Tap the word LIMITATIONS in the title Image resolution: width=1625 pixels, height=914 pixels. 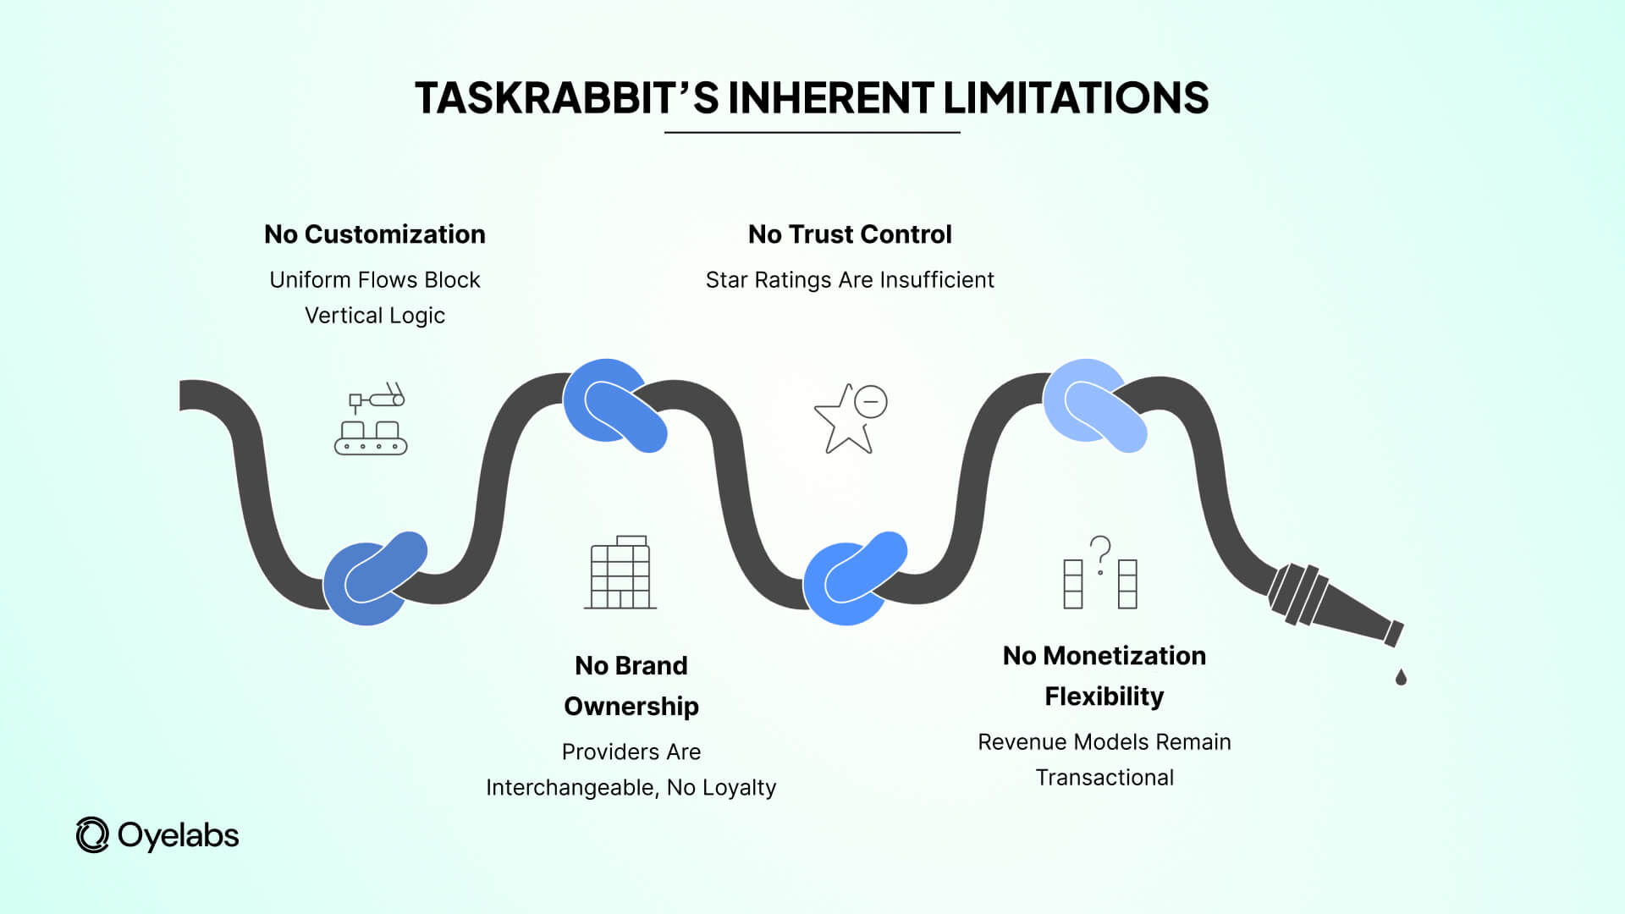click(1076, 98)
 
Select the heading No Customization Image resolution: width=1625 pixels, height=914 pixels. click(375, 234)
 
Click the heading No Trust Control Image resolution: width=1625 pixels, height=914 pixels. click(850, 234)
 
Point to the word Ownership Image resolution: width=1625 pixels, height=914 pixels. click(631, 706)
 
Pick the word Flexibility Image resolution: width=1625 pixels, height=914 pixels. click(1104, 697)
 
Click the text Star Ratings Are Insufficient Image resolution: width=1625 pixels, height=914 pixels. click(850, 280)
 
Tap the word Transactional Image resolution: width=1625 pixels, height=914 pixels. click(1104, 778)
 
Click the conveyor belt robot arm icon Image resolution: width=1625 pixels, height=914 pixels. click(372, 419)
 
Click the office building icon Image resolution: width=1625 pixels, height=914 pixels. click(620, 572)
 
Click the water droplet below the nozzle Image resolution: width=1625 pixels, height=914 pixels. click(1401, 677)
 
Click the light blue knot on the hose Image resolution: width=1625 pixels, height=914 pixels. click(1094, 405)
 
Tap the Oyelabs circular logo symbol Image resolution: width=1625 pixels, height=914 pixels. click(92, 835)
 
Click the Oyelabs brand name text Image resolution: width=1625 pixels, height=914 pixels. click(179, 835)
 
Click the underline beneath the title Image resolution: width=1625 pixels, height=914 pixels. click(812, 133)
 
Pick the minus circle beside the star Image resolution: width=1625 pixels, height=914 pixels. click(870, 402)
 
